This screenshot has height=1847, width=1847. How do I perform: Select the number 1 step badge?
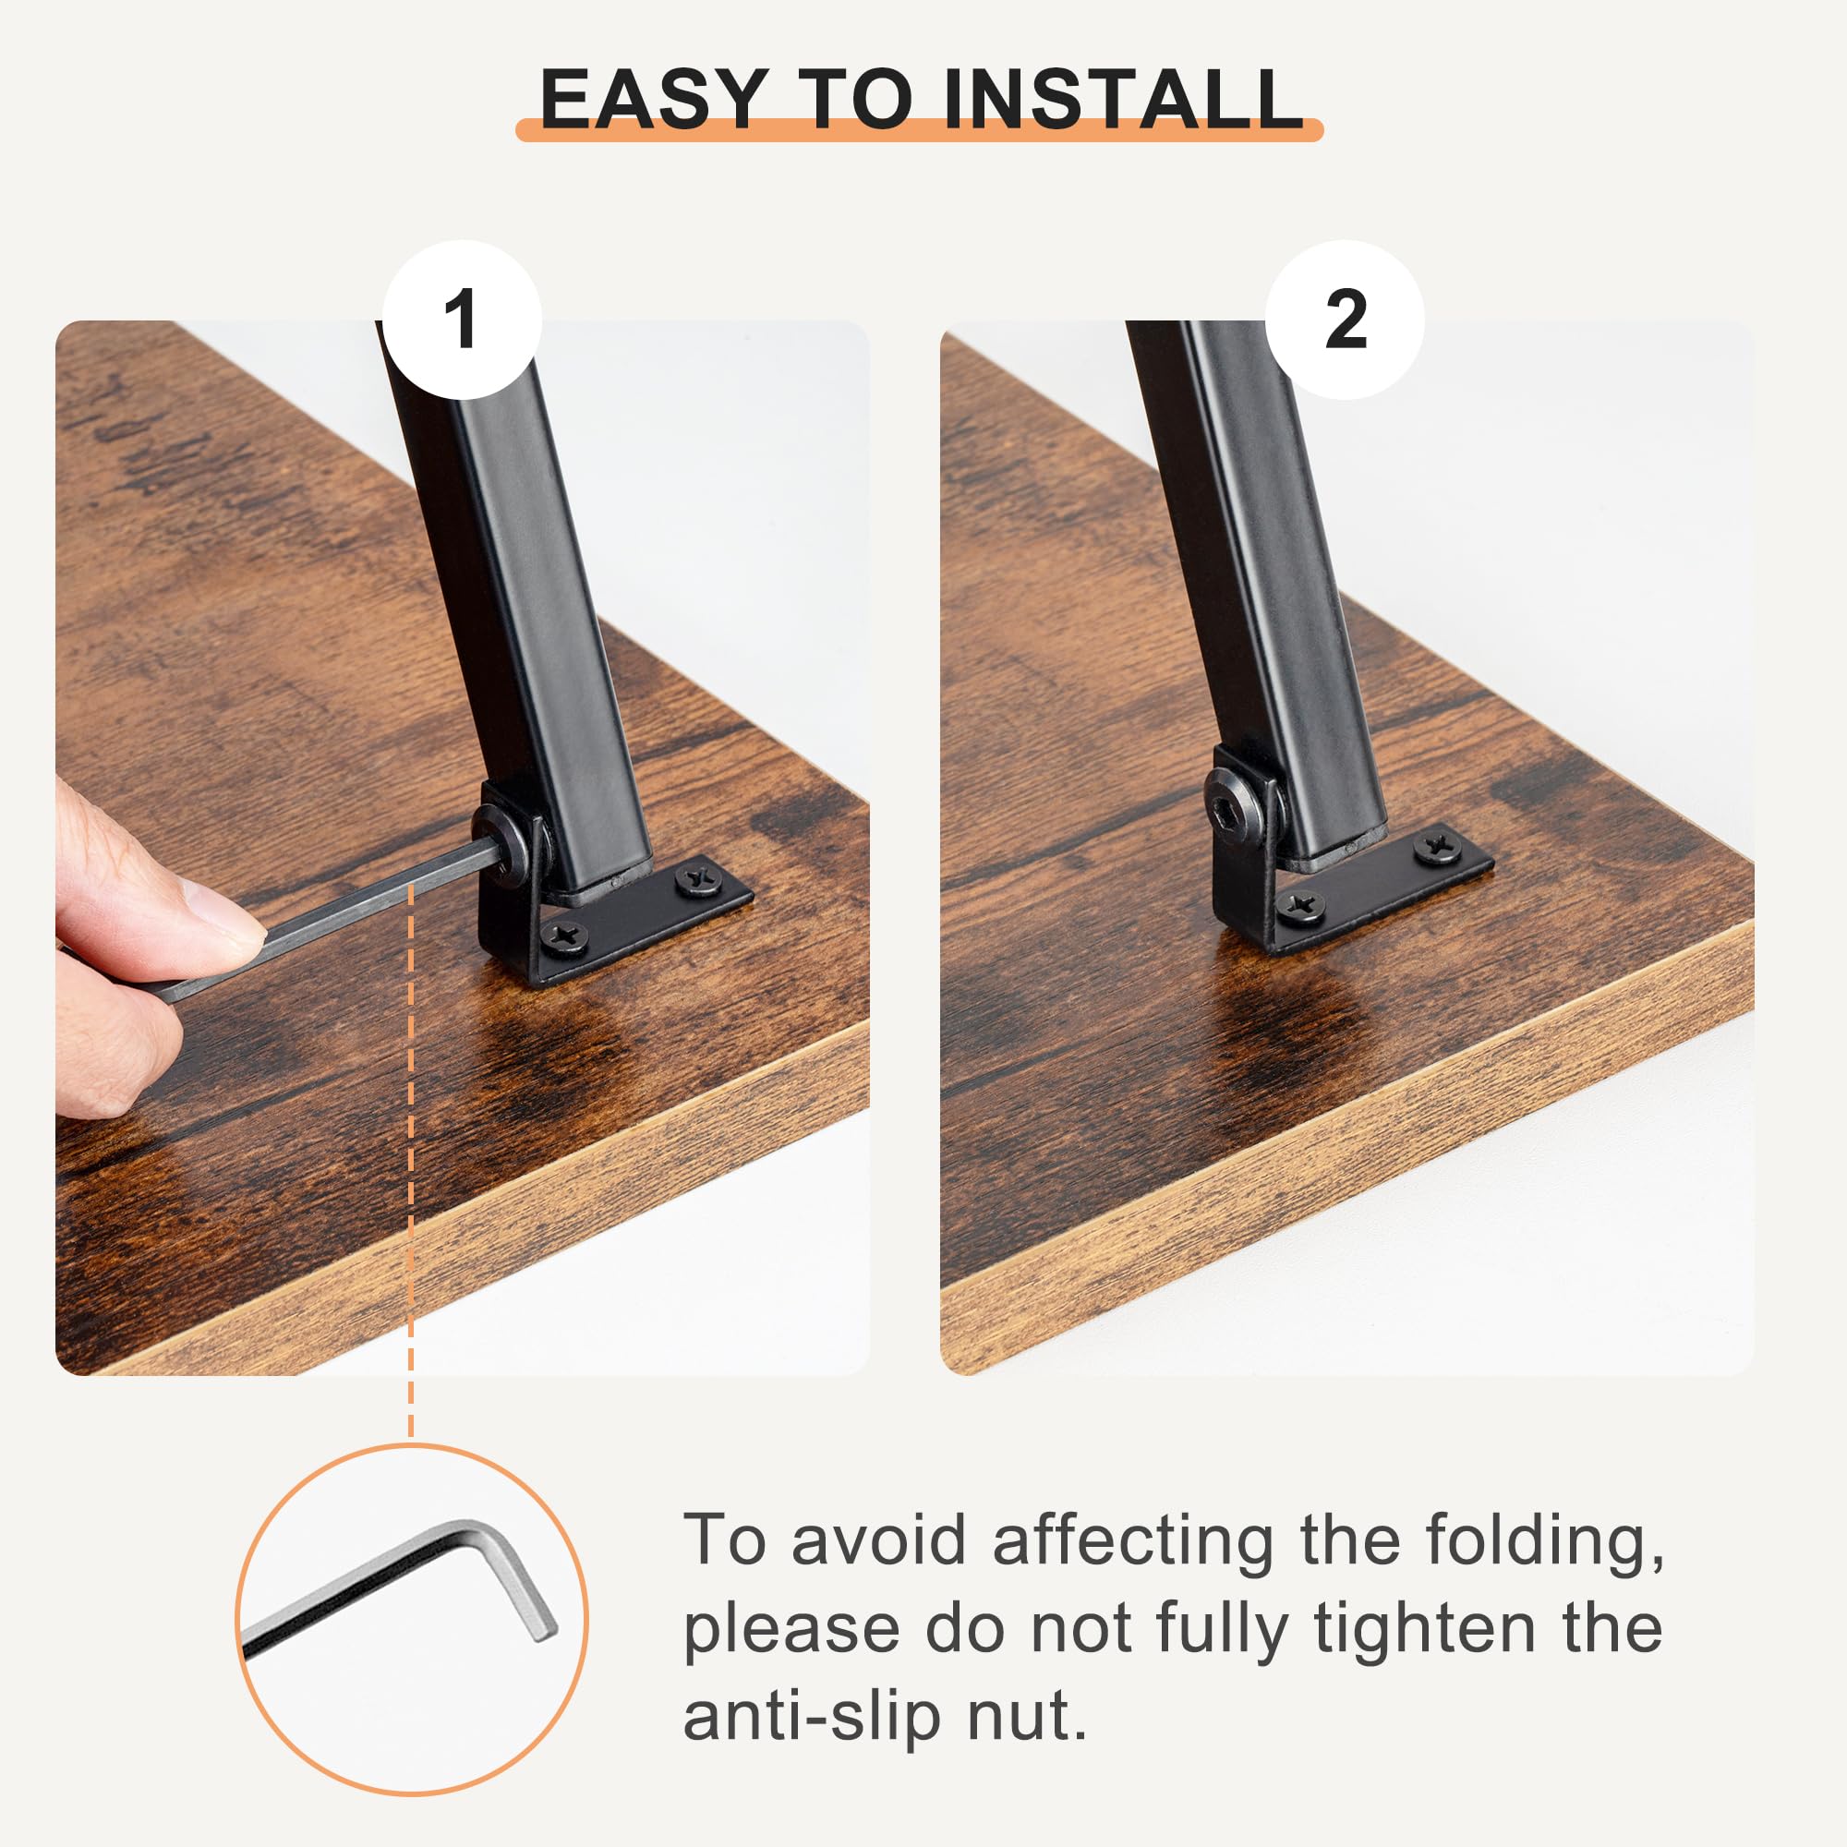462,320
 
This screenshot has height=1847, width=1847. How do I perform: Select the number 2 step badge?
1346,320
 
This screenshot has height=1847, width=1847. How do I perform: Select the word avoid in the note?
879,1541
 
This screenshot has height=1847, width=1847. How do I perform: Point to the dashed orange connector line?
411,1163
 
